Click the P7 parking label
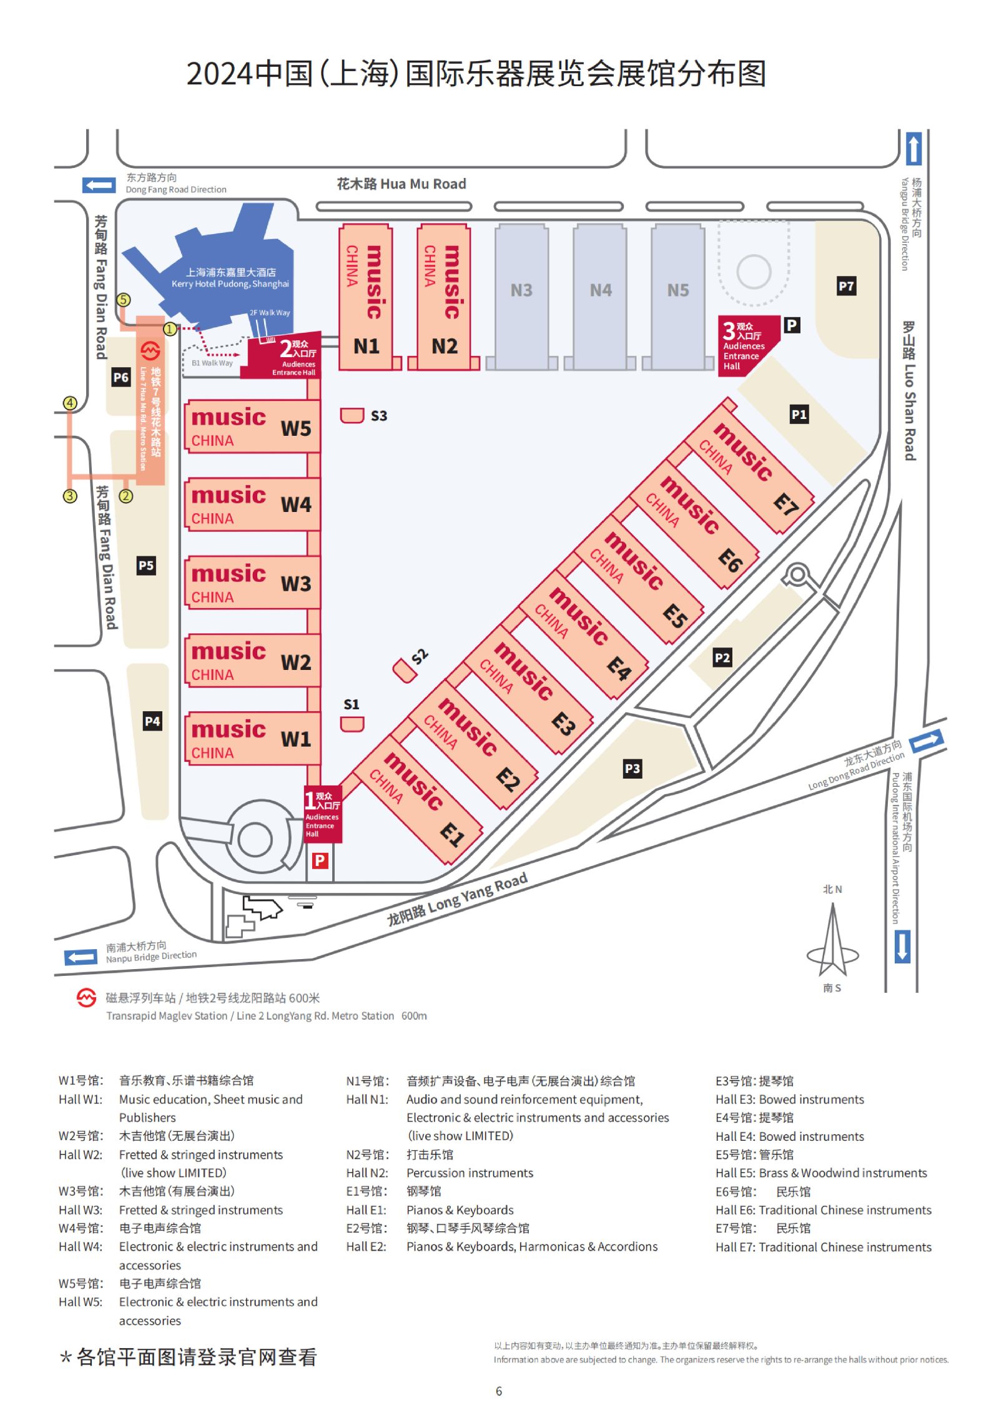[x=846, y=287]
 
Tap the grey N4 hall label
[x=601, y=290]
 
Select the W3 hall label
[x=296, y=584]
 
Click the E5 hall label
[x=675, y=616]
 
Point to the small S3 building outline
[x=352, y=416]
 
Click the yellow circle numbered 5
[x=124, y=300]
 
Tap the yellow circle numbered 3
[x=70, y=496]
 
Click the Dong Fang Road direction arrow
[x=99, y=185]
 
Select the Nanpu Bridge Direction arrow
[x=81, y=957]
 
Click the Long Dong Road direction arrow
[x=927, y=741]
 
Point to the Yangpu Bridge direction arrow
[x=913, y=149]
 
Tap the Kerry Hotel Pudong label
[x=230, y=278]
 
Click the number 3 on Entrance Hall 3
[x=729, y=330]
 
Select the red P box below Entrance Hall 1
[x=320, y=861]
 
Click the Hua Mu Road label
[x=401, y=184]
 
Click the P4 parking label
[x=152, y=722]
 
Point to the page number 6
[x=499, y=1391]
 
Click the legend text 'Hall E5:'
[x=736, y=1173]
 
